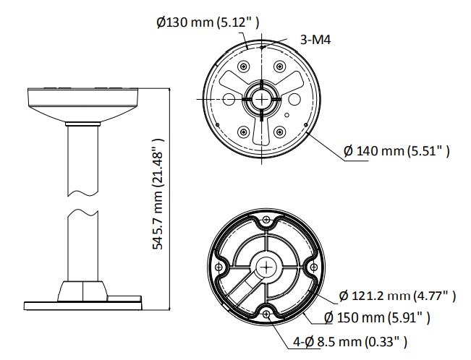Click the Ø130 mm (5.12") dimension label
[208, 22]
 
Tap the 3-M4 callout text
[315, 39]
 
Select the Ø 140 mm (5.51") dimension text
[396, 151]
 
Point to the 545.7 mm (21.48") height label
[158, 194]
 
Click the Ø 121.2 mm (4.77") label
[397, 296]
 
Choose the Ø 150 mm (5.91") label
[377, 317]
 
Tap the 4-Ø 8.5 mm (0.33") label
[350, 341]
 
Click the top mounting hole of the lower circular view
[266, 220]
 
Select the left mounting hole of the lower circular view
[219, 267]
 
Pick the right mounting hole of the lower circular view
[313, 267]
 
